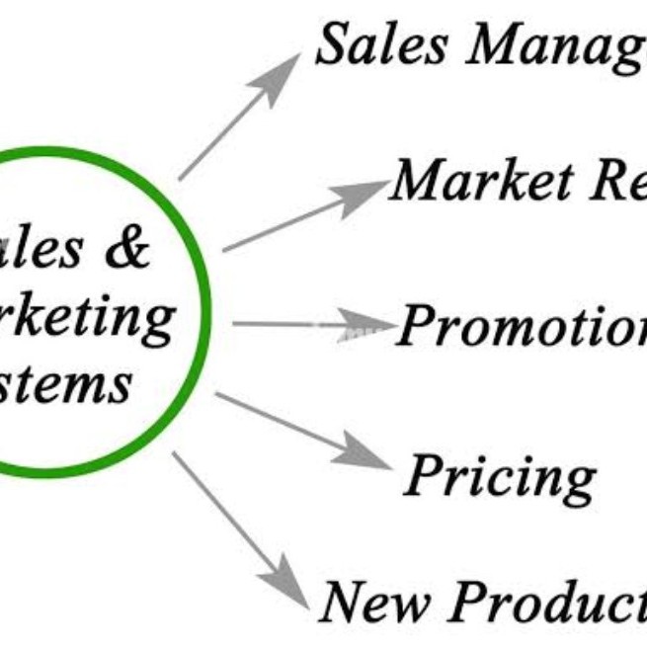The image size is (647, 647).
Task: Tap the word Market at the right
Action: click(x=480, y=181)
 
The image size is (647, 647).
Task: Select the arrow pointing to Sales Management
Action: click(x=237, y=119)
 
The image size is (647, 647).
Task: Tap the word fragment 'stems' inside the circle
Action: click(x=74, y=380)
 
